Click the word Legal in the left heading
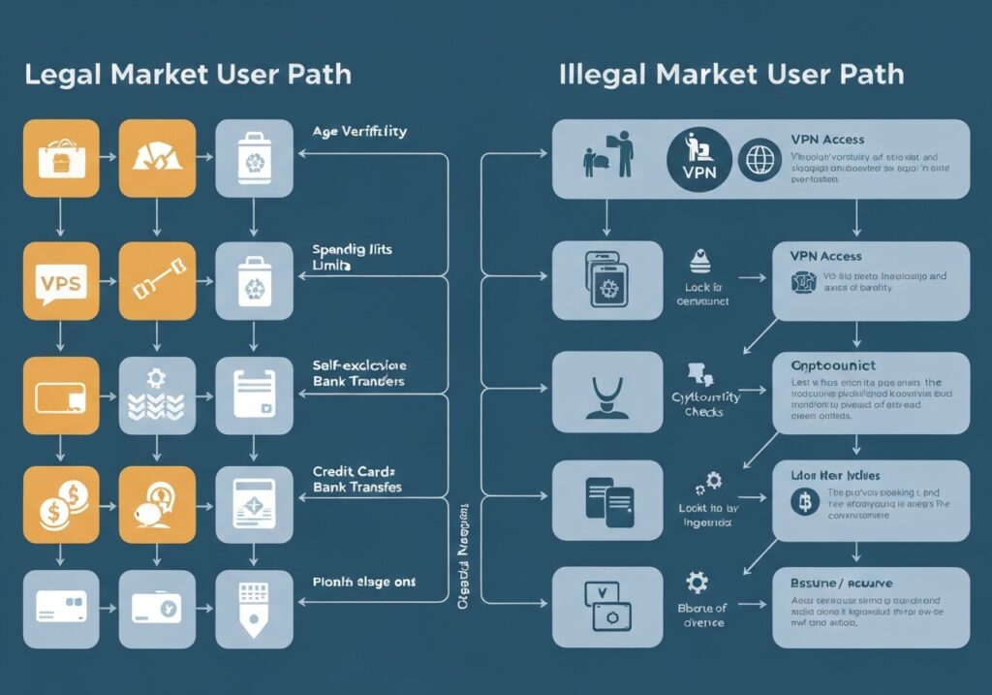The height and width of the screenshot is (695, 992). (x=61, y=76)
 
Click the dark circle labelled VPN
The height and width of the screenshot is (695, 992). (x=697, y=159)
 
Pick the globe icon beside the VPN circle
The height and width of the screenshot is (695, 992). (x=759, y=159)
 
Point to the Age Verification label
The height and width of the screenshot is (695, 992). (x=359, y=131)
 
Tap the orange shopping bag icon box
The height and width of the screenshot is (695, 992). (x=61, y=158)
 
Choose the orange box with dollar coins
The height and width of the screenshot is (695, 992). (x=61, y=504)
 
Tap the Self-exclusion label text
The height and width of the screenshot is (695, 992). (x=359, y=365)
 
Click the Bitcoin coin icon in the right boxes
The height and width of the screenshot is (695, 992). (x=802, y=501)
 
